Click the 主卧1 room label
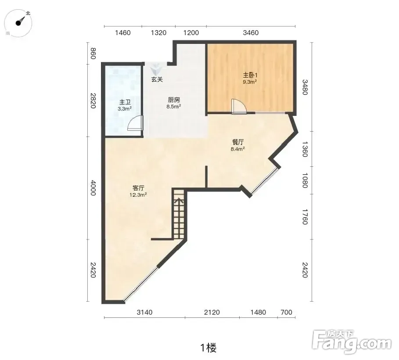click(250, 75)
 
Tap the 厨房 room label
click(174, 100)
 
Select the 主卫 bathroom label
click(125, 102)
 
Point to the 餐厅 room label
click(238, 142)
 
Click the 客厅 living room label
click(138, 188)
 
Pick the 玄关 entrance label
click(157, 79)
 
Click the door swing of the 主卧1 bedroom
click(239, 106)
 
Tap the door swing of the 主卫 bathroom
click(135, 123)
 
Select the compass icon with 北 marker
click(19, 23)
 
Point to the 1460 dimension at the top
click(122, 33)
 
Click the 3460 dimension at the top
click(251, 33)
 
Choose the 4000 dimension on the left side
click(93, 188)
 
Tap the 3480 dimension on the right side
click(305, 87)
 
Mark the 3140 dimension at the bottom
click(144, 313)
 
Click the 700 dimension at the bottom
click(286, 313)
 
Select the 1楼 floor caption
click(208, 348)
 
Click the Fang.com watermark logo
click(352, 342)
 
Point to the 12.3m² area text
click(138, 195)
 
